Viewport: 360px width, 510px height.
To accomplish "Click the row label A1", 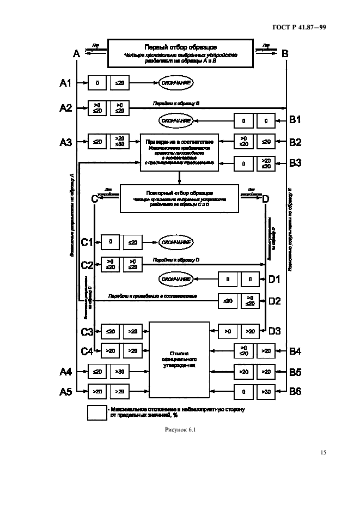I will click(65, 83).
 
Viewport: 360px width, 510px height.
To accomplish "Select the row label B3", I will click(295, 162).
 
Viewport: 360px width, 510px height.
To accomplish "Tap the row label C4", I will click(87, 351).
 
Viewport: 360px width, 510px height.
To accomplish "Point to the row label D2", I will click(274, 300).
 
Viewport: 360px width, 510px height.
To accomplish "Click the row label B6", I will click(295, 391).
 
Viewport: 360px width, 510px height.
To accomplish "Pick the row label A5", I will click(65, 391).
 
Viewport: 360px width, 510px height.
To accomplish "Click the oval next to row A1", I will click(176, 83).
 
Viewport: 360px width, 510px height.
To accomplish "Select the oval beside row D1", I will click(176, 280).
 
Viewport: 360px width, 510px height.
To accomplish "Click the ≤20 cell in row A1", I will click(120, 83).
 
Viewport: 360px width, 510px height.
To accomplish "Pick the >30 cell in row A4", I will click(120, 372).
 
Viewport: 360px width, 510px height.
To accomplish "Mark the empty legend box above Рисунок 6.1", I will click(97, 412).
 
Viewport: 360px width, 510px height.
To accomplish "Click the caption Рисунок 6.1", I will click(179, 431).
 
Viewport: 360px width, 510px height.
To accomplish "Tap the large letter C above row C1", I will click(94, 199).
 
